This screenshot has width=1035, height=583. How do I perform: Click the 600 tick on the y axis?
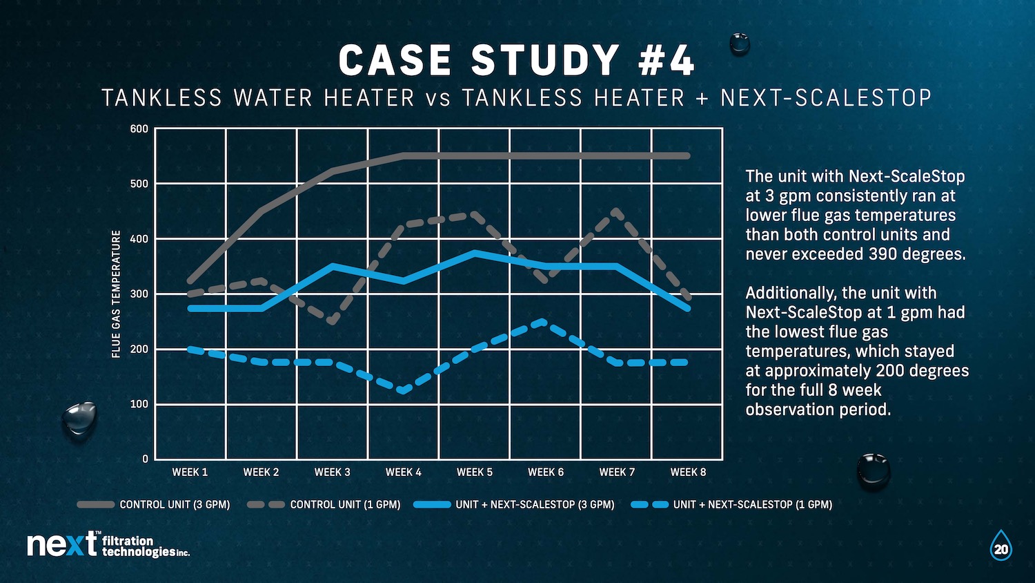coord(139,129)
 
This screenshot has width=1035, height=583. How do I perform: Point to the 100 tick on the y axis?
coord(140,404)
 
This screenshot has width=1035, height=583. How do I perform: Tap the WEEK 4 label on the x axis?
coord(403,472)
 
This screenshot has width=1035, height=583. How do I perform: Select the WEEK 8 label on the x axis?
coord(688,472)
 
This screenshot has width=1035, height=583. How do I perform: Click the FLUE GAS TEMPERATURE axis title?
coord(116,294)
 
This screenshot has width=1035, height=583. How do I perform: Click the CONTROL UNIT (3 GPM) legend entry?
coord(153,505)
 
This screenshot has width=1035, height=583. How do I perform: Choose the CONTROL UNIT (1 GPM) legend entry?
coord(324,505)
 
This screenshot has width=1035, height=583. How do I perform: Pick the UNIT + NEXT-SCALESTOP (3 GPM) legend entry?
coord(514,505)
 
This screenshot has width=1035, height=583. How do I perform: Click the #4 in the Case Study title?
coord(667,61)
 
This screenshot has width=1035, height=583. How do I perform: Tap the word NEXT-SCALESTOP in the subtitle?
coord(826,98)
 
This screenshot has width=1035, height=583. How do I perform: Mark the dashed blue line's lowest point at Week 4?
coord(402,391)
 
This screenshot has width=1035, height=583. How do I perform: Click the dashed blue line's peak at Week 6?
coord(544,321)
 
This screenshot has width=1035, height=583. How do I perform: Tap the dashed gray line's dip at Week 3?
coord(332,321)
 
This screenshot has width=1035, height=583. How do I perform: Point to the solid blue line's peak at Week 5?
coord(474,253)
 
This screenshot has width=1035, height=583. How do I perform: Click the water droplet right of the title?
coord(740,44)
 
